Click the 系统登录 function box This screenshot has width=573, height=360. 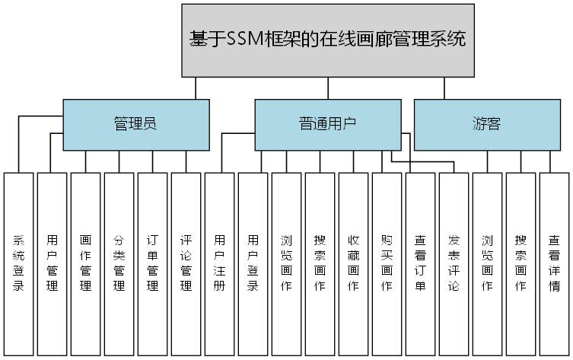tap(19, 263)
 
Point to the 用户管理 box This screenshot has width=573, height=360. tap(53, 263)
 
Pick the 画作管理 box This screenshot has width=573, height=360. tap(86, 263)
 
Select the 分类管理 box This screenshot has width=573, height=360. tap(119, 263)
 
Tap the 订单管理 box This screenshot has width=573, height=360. tap(153, 263)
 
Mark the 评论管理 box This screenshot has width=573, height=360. tap(186, 263)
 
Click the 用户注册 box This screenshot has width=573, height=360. tap(220, 263)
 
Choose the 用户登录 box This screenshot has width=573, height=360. tap(253, 263)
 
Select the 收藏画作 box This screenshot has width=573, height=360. tap(354, 263)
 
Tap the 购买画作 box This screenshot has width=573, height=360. tap(387, 263)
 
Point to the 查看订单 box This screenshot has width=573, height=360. tap(421, 263)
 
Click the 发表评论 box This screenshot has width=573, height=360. tap(454, 263)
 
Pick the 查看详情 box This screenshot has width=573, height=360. tap(555, 263)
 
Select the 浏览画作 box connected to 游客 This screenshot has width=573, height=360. tap(488, 263)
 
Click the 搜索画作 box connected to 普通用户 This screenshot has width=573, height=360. tap(320, 263)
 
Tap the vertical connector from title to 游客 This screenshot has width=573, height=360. tap(444, 88)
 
